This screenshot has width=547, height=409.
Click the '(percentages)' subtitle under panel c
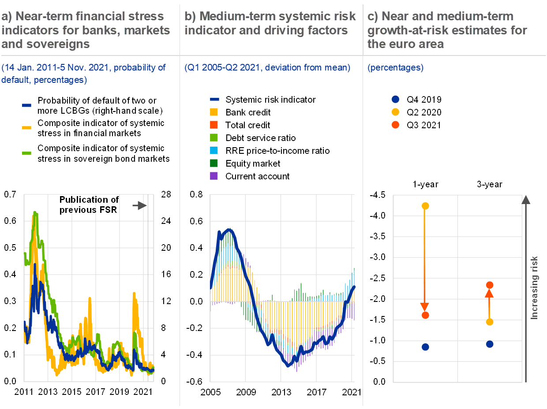tap(395, 68)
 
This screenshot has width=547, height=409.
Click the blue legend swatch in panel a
tap(26, 105)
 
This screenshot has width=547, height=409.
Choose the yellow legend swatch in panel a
tap(26, 128)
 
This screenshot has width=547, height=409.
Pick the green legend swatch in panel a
tap(26, 153)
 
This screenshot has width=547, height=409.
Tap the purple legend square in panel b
tap(214, 176)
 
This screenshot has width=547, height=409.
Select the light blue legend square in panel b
tap(214, 150)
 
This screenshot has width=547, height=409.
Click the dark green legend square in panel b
tap(214, 163)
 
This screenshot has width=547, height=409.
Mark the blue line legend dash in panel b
tap(215, 100)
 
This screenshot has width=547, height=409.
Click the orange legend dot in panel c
tap(395, 125)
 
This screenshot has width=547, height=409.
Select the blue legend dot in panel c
tap(395, 100)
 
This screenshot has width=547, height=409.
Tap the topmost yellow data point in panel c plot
tap(425, 206)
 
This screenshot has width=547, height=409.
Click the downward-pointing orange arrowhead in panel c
tap(425, 307)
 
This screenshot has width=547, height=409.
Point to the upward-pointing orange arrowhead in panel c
tap(489, 294)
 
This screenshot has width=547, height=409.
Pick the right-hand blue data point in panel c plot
tap(490, 344)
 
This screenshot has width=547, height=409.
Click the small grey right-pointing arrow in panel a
tap(140, 205)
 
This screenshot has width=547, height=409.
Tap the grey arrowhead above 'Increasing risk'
tap(525, 200)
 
